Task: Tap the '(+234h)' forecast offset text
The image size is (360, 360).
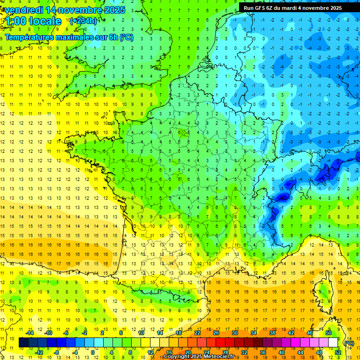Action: coord(83,21)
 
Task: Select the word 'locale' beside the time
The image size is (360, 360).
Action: coord(45,21)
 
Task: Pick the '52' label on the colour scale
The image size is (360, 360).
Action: coord(337,352)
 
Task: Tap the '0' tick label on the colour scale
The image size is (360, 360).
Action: coord(93,352)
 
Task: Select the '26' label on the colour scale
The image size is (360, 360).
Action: coord(216,332)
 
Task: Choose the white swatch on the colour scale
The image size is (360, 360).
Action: coord(333,343)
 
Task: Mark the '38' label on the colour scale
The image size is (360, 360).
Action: coord(272,332)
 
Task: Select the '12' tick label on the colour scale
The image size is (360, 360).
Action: coord(150,352)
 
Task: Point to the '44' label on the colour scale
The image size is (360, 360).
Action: coord(300,352)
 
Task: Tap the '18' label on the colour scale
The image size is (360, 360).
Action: coord(179,332)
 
